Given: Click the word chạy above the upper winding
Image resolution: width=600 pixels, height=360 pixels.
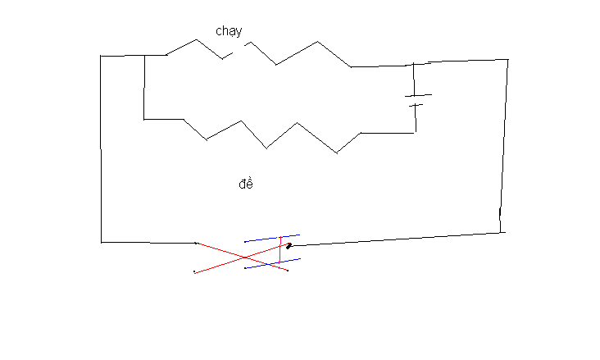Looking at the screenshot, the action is (229, 31).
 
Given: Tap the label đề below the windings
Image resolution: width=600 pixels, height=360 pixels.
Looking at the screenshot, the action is (246, 184).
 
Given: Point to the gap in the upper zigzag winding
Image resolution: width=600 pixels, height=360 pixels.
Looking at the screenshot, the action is (239, 49).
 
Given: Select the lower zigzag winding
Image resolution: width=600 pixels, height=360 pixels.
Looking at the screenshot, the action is (272, 136).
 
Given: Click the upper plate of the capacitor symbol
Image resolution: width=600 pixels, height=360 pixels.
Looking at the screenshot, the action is (419, 95).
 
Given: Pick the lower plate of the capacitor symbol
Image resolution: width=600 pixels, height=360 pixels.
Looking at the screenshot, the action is (416, 105).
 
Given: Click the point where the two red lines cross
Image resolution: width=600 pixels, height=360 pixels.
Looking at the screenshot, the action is (245, 257).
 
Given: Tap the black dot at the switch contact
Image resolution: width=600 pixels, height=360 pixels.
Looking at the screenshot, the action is (289, 246).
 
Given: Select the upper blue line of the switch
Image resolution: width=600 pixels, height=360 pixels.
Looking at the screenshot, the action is (272, 238).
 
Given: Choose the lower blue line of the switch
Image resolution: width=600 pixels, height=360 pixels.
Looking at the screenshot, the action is (272, 263).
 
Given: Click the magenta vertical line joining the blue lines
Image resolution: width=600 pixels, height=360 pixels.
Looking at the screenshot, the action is (280, 249).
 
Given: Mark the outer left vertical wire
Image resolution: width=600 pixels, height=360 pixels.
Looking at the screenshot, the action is (101, 149).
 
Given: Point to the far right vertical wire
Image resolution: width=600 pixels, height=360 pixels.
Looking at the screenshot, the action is (504, 146).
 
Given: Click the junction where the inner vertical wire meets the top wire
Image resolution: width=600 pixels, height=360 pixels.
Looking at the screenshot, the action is (144, 56).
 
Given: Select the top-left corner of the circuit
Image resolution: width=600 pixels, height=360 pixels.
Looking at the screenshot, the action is (101, 56).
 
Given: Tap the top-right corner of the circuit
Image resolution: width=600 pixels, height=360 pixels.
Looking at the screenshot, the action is (507, 59).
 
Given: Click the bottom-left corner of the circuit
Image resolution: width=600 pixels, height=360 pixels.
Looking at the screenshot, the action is (101, 243).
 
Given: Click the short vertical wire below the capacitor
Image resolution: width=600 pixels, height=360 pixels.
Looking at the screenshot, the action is (416, 119).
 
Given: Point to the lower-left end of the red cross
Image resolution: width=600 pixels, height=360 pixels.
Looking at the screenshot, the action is (194, 272).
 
